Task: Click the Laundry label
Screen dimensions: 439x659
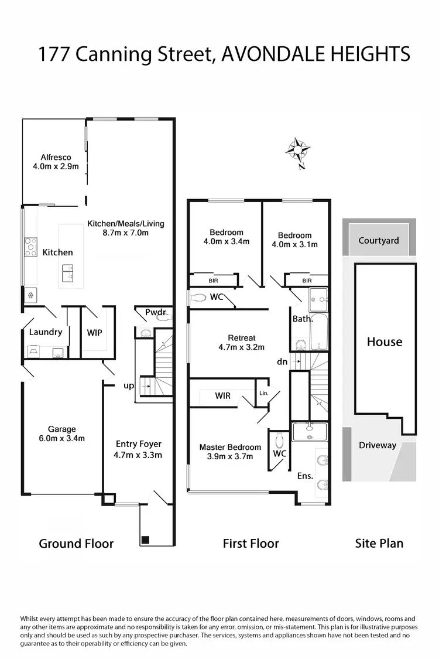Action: pyautogui.click(x=46, y=332)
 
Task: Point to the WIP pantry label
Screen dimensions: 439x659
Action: pyautogui.click(x=95, y=333)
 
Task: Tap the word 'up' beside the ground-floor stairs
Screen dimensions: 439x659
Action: pyautogui.click(x=129, y=386)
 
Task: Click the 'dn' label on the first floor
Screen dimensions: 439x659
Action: pyautogui.click(x=282, y=362)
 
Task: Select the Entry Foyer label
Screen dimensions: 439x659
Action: pyautogui.click(x=139, y=449)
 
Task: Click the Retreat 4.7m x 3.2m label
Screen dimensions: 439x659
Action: pyautogui.click(x=242, y=342)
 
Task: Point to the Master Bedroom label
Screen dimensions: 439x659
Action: pyautogui.click(x=230, y=452)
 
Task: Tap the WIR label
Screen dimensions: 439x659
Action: pyautogui.click(x=223, y=396)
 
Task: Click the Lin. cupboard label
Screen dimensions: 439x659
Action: pyautogui.click(x=264, y=393)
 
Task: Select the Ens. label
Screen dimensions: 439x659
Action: pyautogui.click(x=305, y=476)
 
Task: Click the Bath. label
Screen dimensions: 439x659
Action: pyautogui.click(x=303, y=319)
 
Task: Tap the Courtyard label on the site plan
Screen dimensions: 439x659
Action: pyautogui.click(x=379, y=240)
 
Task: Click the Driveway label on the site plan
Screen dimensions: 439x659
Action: pyautogui.click(x=378, y=445)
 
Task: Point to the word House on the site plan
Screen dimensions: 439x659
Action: pyautogui.click(x=385, y=342)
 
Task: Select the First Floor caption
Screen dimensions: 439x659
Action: pyautogui.click(x=251, y=544)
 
